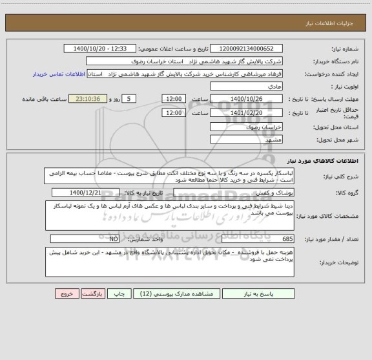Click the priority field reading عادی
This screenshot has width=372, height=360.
248,85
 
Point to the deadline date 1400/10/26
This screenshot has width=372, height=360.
248,98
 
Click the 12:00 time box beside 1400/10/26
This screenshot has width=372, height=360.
173,98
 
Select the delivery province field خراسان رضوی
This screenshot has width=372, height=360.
248,127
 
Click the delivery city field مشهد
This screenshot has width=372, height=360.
248,140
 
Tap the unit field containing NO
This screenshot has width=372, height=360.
81,237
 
